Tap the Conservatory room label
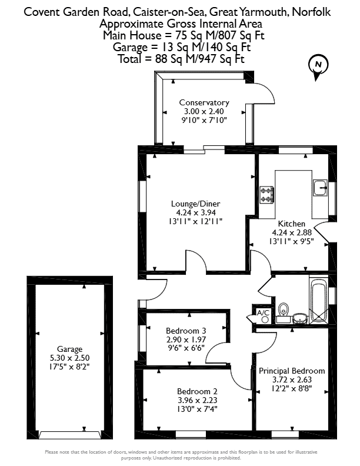pos(204,103)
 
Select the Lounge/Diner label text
pos(195,204)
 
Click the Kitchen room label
pos(291,224)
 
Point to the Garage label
pos(69,349)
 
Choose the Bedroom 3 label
pos(186,331)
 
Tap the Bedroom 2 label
pos(197,391)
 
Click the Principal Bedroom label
pos(292,371)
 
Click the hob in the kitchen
pos(266,195)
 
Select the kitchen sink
pos(320,188)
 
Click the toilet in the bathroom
pos(284,311)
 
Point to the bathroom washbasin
pos(300,318)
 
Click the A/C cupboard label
pos(263,312)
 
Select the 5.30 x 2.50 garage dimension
pos(69,358)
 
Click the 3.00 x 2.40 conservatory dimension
pos(204,112)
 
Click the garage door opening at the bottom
pos(69,435)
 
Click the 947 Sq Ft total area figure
pos(218,59)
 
